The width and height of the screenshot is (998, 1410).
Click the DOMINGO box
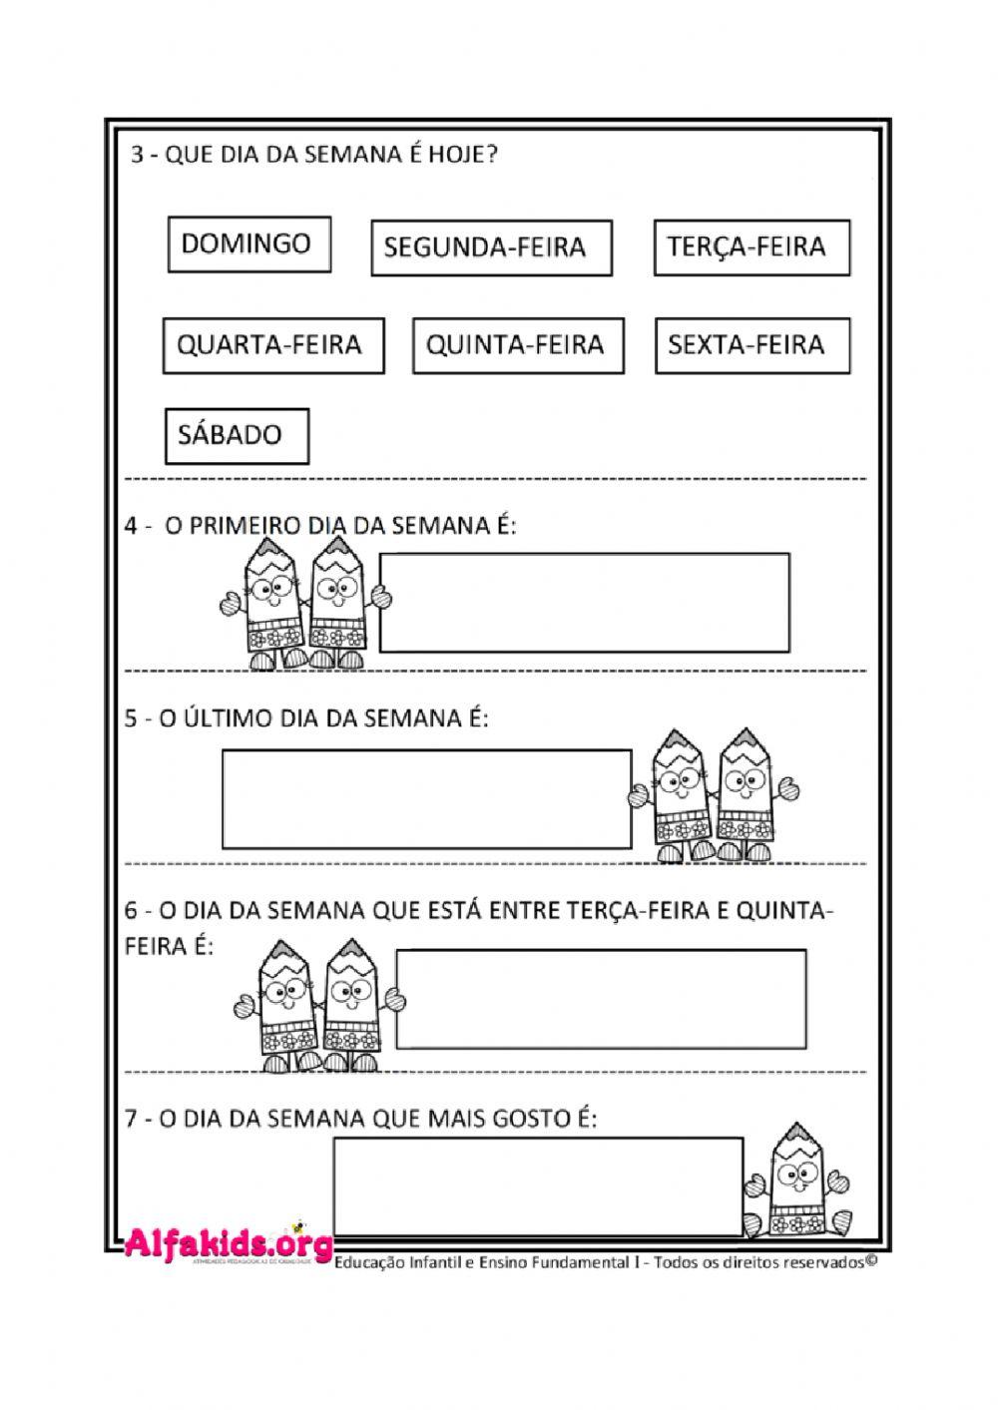[249, 244]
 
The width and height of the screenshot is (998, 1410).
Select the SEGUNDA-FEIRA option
[491, 247]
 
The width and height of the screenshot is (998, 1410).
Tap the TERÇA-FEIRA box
[751, 246]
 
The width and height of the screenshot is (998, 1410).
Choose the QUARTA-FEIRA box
[273, 345]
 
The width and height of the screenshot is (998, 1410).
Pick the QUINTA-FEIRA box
[518, 345]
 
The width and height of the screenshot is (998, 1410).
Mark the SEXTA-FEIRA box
[752, 345]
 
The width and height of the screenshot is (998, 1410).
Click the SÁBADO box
[237, 436]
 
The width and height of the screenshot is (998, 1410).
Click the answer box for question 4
[585, 603]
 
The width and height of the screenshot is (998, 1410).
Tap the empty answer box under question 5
[426, 799]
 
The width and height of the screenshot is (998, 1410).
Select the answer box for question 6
[602, 999]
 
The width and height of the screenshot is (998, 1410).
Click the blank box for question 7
[538, 1186]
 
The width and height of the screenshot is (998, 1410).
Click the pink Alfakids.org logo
[229, 1242]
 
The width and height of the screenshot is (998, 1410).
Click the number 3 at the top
[137, 157]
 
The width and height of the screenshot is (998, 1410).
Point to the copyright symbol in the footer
[871, 1260]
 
